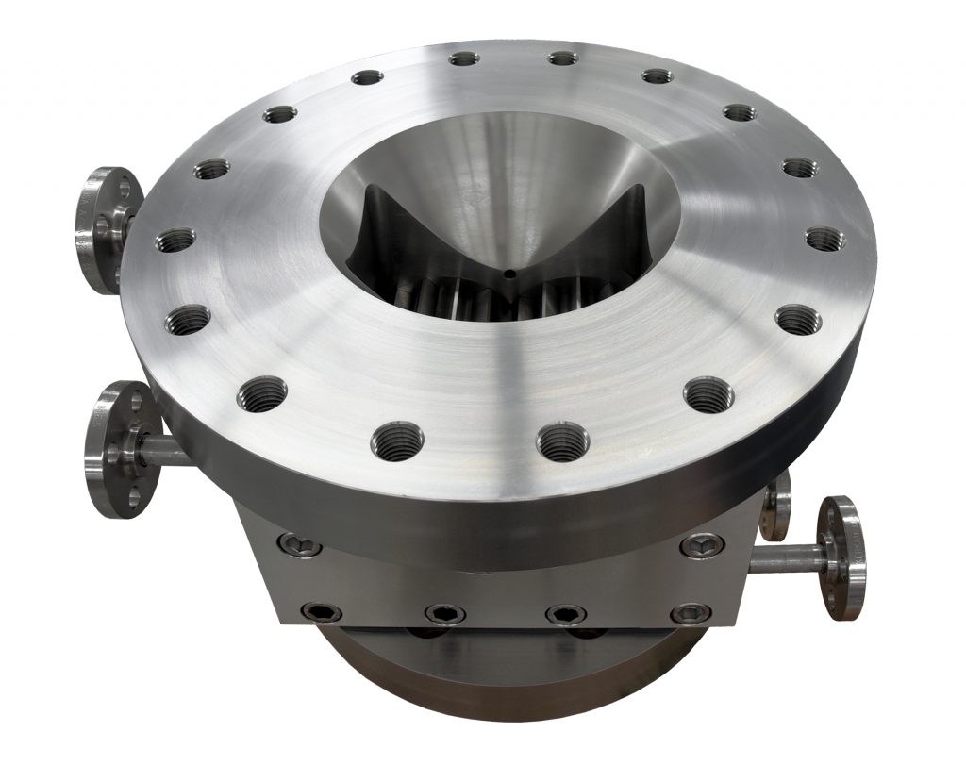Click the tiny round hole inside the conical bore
click(508, 274)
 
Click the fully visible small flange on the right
click(840, 557)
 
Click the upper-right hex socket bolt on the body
click(702, 544)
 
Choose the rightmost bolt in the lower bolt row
click(690, 614)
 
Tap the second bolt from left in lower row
click(439, 614)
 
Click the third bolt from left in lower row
click(565, 614)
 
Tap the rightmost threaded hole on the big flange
click(824, 238)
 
